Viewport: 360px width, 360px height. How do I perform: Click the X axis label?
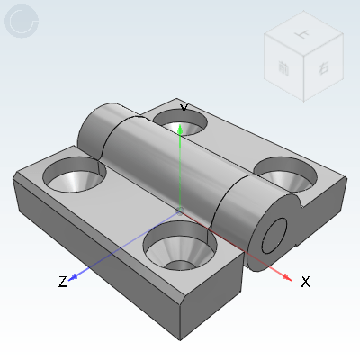click(306, 282)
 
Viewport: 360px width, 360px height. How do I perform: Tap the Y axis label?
click(184, 110)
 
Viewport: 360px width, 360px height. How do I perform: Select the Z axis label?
click(62, 282)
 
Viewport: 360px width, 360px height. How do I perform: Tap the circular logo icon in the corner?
click(22, 22)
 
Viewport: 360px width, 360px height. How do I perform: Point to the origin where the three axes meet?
click(181, 208)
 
